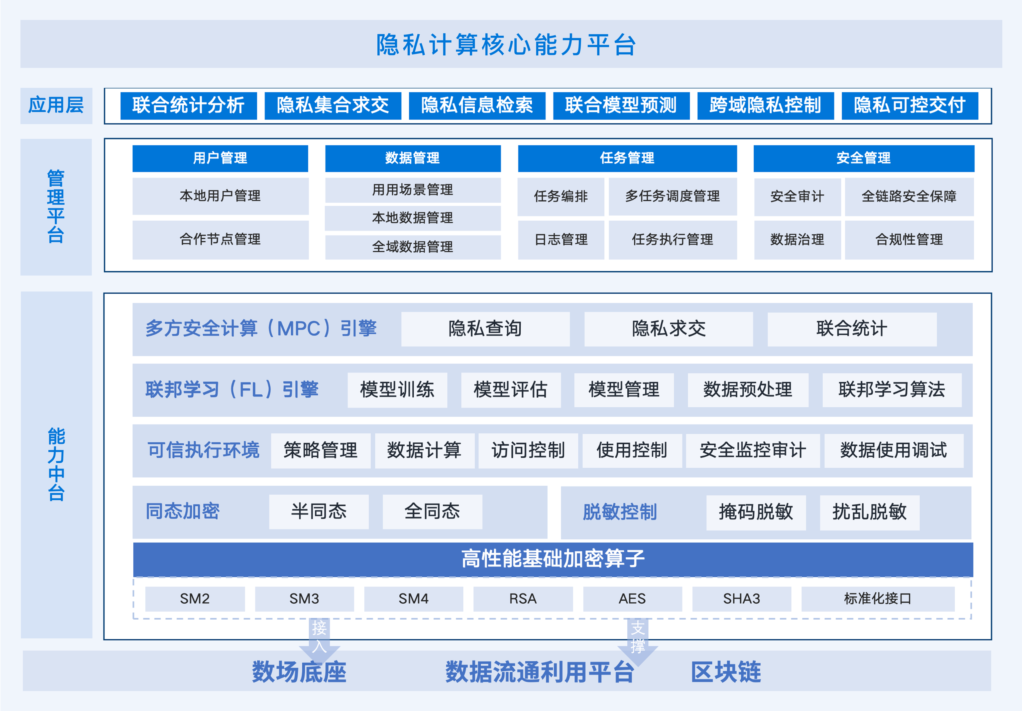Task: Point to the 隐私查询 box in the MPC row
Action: [485, 329]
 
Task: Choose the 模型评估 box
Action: [511, 390]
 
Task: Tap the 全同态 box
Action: [432, 512]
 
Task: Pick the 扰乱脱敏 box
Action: [869, 512]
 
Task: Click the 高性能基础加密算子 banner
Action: [553, 559]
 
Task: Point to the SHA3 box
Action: [742, 599]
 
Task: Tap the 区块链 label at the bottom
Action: [726, 672]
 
